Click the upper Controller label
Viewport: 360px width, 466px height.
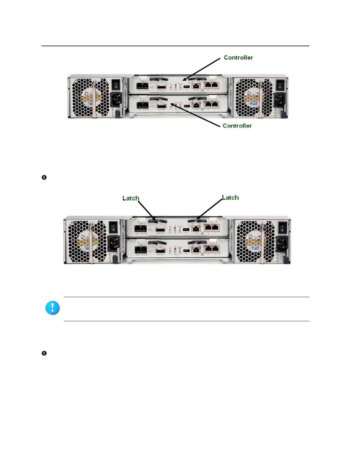pyautogui.click(x=238, y=58)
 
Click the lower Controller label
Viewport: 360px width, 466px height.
pyautogui.click(x=237, y=126)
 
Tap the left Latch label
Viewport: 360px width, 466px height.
pyautogui.click(x=131, y=198)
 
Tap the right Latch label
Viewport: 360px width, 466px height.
pyautogui.click(x=230, y=198)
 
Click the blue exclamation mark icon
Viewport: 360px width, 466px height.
pyautogui.click(x=52, y=308)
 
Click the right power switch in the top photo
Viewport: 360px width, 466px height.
pyautogui.click(x=281, y=85)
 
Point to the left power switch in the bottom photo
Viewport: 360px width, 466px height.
pyautogui.click(x=113, y=227)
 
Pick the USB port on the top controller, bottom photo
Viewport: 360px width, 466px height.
pyautogui.click(x=186, y=229)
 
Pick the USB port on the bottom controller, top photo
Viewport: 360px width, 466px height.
pyautogui.click(x=187, y=105)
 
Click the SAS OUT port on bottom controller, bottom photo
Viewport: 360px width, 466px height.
pyautogui.click(x=161, y=251)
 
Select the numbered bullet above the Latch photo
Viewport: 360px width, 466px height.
pyautogui.click(x=44, y=177)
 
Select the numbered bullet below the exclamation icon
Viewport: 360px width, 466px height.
pyautogui.click(x=44, y=353)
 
